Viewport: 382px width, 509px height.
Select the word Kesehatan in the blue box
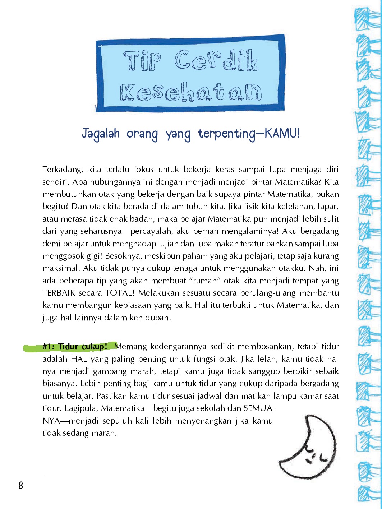[191, 92]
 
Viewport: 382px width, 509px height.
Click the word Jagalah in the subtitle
[101, 134]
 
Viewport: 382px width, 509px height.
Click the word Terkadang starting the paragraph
[63, 170]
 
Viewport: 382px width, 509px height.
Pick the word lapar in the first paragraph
[329, 207]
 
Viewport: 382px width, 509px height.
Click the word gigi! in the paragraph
[95, 256]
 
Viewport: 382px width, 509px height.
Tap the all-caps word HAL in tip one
[79, 359]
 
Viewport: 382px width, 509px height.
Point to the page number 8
[21, 486]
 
